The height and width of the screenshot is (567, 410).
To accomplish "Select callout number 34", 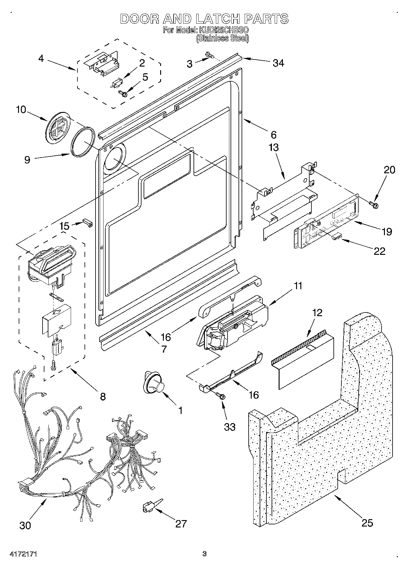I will [x=278, y=63].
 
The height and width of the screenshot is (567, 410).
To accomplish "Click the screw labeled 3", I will [x=210, y=55].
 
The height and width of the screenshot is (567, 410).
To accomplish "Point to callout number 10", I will [x=21, y=109].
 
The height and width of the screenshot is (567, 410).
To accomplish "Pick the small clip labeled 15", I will [x=88, y=224].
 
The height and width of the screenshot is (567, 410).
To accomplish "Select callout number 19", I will [x=387, y=232].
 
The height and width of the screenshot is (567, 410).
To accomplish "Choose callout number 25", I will [x=367, y=523].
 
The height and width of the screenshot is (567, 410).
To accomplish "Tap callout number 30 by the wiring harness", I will [x=25, y=525].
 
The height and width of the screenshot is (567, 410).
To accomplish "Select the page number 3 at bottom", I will [x=204, y=554].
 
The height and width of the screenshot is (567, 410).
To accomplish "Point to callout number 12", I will [x=318, y=313].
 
